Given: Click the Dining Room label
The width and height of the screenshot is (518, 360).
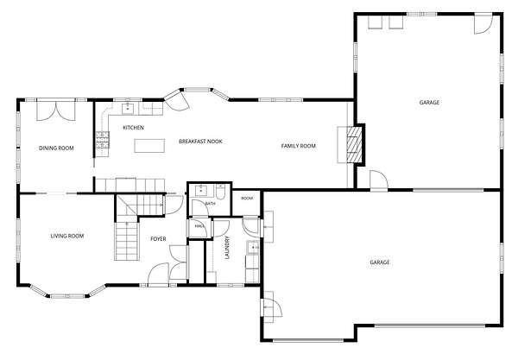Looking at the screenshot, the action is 56,148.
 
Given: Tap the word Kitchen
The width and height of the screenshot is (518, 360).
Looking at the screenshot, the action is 134,128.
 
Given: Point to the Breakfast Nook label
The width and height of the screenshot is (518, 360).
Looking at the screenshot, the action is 200,142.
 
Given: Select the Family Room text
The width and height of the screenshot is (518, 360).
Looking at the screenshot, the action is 299,146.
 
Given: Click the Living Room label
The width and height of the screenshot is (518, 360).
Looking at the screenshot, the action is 67,236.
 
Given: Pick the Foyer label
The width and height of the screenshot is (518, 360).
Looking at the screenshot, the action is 158,239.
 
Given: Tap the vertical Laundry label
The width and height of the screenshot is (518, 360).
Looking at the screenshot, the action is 227,248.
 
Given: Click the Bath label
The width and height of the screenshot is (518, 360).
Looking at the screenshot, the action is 210,204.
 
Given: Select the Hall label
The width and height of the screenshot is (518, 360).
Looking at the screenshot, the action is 199,226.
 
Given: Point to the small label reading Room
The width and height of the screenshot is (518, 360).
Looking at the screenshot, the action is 247,199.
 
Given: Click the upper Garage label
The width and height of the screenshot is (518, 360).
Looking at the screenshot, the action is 429,103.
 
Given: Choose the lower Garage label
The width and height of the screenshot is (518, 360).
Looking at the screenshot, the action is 380,262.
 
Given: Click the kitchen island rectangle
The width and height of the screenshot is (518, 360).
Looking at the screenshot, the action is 149,146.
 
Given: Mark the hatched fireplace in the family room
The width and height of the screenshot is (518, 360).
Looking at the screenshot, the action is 354,145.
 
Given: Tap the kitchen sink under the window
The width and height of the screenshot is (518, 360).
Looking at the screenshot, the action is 128,108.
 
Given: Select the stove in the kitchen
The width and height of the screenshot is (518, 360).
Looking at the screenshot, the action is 103,140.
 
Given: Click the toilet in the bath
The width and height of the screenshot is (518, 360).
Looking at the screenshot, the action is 220,193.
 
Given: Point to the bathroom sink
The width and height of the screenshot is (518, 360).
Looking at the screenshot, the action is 200,191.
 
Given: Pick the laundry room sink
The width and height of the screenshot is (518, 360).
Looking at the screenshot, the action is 253,247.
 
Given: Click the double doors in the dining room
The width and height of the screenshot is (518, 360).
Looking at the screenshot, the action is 56,111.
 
